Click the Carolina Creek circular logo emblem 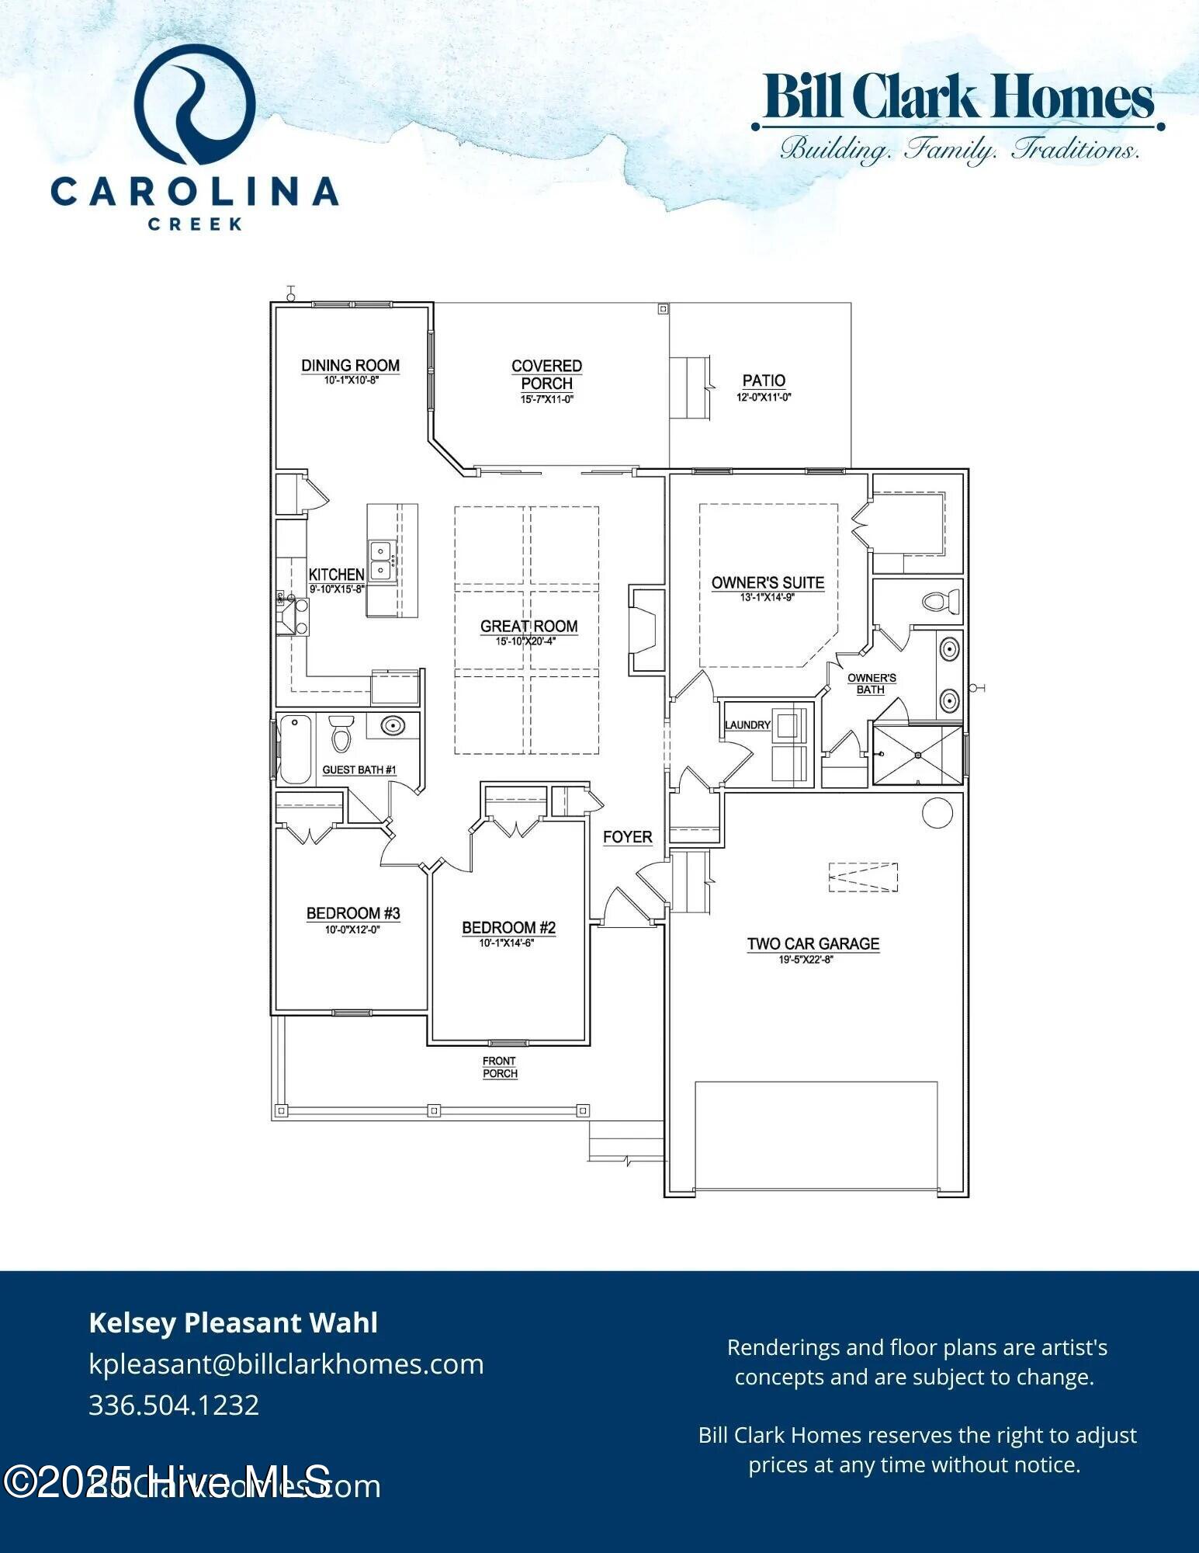pyautogui.click(x=195, y=104)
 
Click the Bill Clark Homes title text pyautogui.click(x=958, y=97)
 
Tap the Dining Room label pyautogui.click(x=350, y=365)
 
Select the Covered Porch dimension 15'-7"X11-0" pyautogui.click(x=546, y=400)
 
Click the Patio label pyautogui.click(x=764, y=380)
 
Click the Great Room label pyautogui.click(x=528, y=626)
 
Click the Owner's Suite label pyautogui.click(x=768, y=582)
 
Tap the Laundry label pyautogui.click(x=747, y=725)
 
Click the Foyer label pyautogui.click(x=628, y=837)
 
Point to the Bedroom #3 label pyautogui.click(x=353, y=913)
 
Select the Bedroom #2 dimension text pyautogui.click(x=508, y=943)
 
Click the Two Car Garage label pyautogui.click(x=813, y=943)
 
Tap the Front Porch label pyautogui.click(x=500, y=1067)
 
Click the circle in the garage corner pyautogui.click(x=937, y=813)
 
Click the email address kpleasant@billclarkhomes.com pyautogui.click(x=286, y=1364)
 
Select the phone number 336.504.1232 pyautogui.click(x=174, y=1405)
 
